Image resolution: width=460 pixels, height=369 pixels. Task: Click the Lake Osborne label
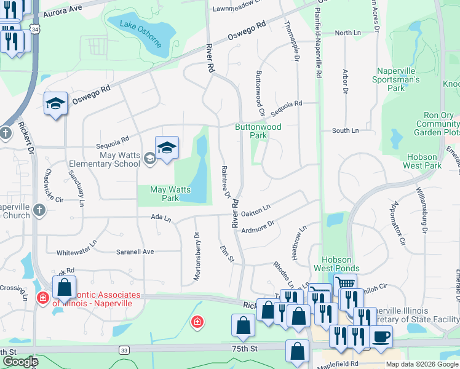point(141,33)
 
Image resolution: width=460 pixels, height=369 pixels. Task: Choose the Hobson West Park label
point(422,161)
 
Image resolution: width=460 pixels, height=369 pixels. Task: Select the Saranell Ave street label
point(135,252)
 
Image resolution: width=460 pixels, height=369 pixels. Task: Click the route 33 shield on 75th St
point(125,350)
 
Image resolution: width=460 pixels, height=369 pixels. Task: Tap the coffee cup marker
point(381,337)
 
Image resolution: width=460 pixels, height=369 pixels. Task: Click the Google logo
point(20,362)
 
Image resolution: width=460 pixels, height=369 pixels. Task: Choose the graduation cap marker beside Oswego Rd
point(55,103)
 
